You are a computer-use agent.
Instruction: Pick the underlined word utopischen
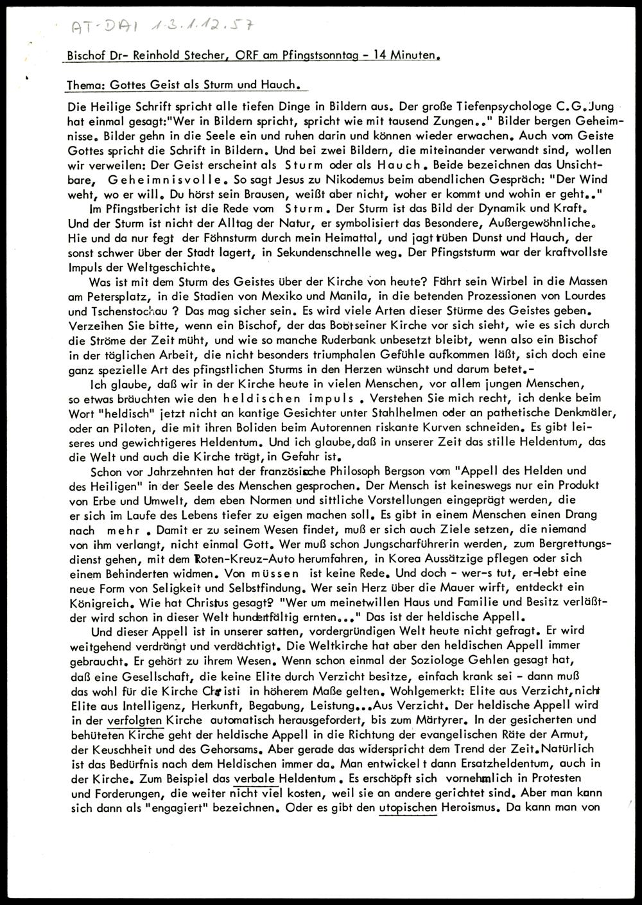pyautogui.click(x=408, y=808)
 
